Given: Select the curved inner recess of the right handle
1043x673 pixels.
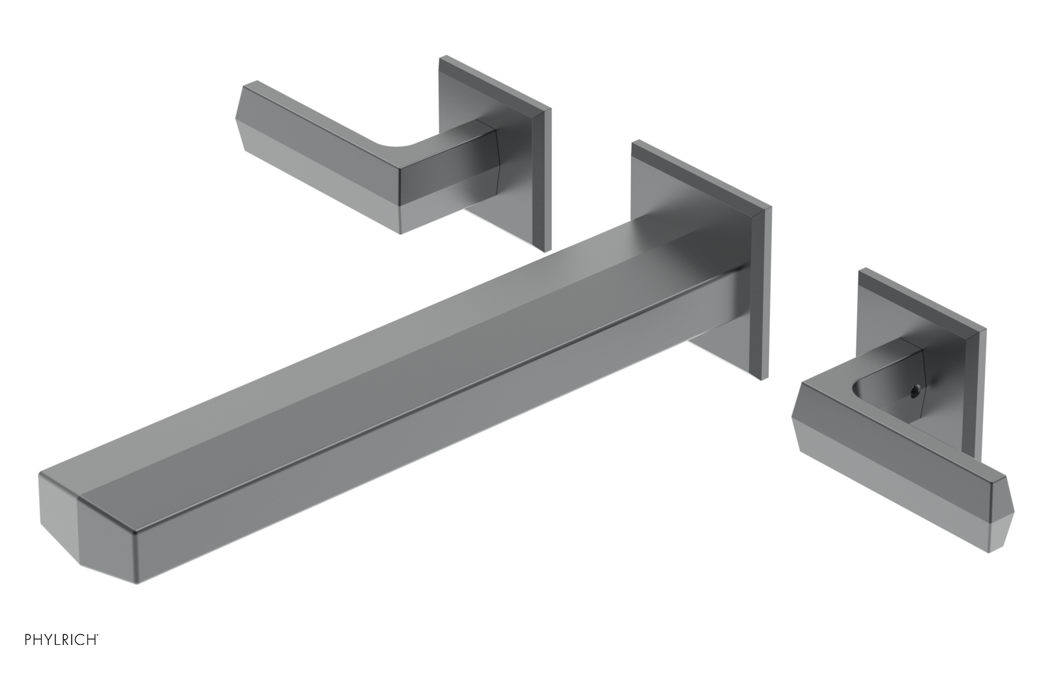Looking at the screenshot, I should pyautogui.click(x=874, y=385).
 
